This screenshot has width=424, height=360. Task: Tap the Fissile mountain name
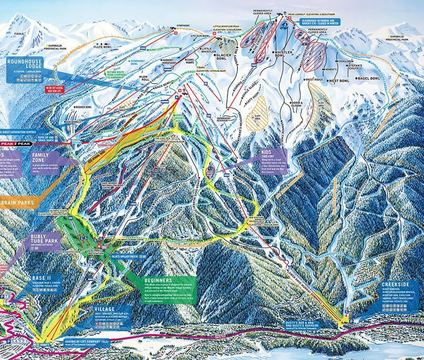[x=22, y=33]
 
